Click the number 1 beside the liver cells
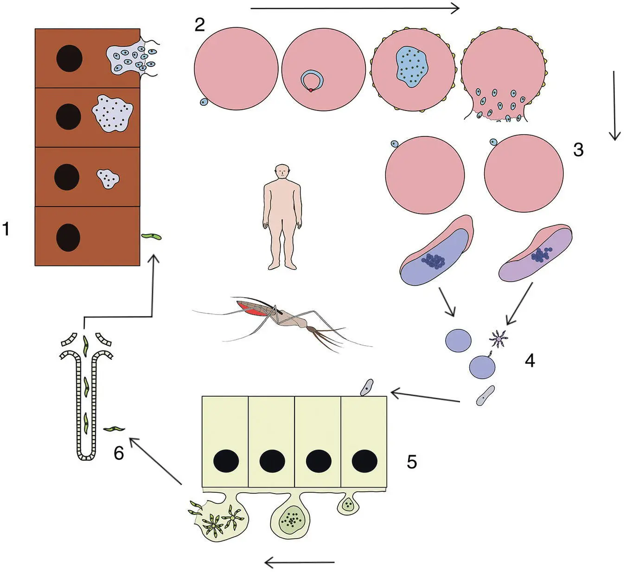(x=6, y=229)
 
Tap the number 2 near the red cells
(x=199, y=25)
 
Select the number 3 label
(x=578, y=150)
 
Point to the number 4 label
(x=530, y=360)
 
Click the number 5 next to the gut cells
(x=412, y=462)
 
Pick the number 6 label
(x=119, y=453)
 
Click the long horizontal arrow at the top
(x=354, y=8)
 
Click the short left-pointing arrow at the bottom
(x=299, y=563)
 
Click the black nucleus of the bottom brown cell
(x=68, y=237)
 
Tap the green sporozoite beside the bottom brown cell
(x=151, y=237)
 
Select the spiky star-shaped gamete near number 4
(x=499, y=339)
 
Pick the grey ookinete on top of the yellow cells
(x=367, y=387)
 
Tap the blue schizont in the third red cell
(x=411, y=67)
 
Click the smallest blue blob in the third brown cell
(x=108, y=179)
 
